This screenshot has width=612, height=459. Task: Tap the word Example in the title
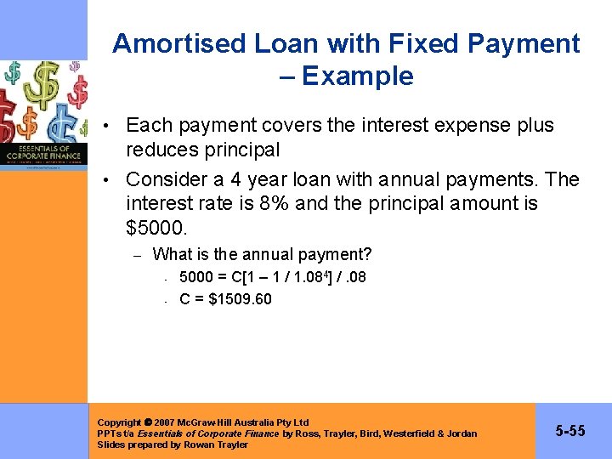(x=358, y=76)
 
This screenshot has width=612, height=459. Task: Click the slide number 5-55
(x=570, y=431)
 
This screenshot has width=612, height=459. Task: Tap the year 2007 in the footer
(x=166, y=422)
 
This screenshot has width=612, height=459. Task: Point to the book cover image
(x=43, y=115)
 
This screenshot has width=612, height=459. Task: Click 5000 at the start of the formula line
(x=196, y=277)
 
